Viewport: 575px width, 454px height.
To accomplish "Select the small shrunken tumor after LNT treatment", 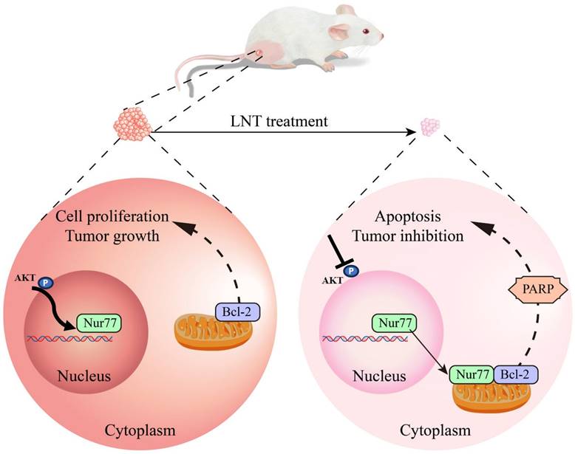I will coord(430,128).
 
